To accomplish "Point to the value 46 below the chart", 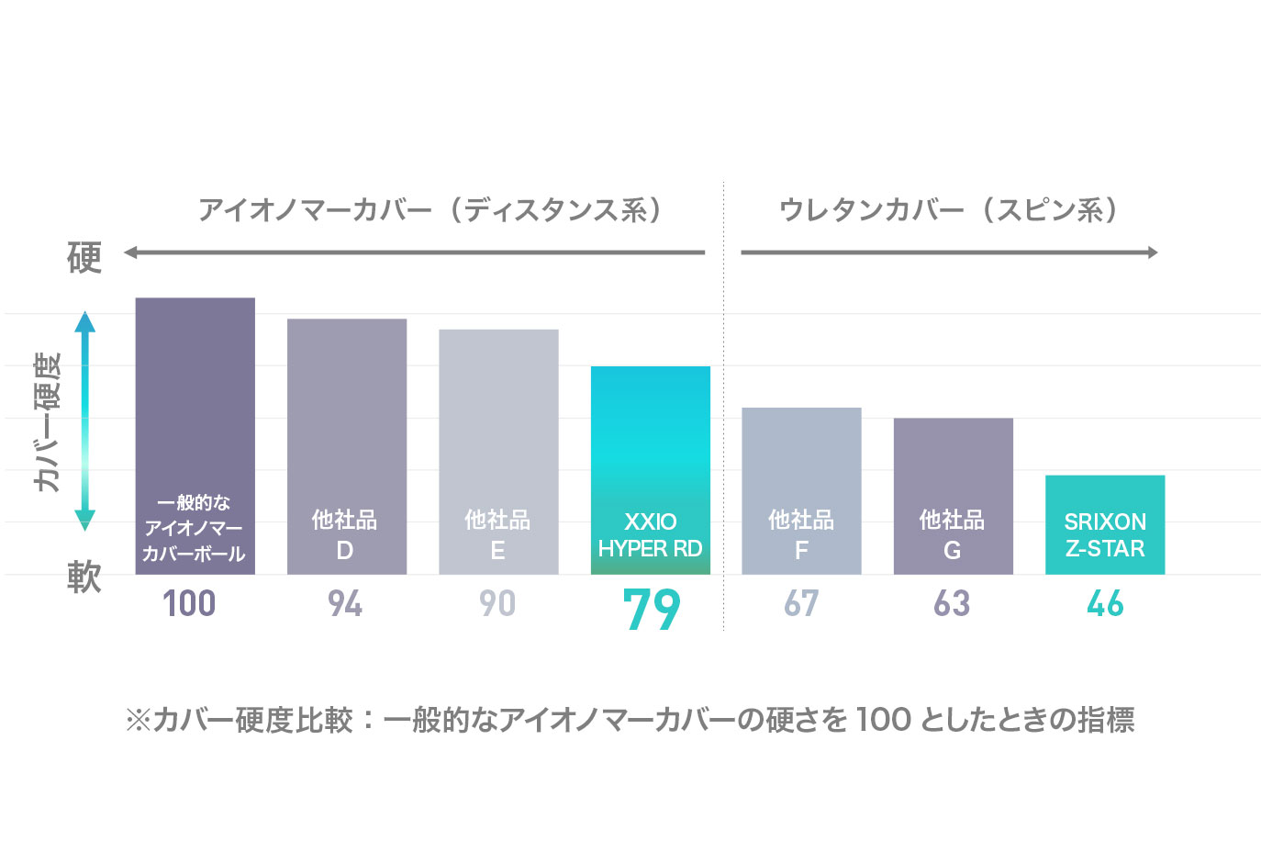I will (1104, 604).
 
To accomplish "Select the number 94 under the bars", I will (345, 604).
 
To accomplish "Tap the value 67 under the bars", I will (801, 604).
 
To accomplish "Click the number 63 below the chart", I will (952, 604).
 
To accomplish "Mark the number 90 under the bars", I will (497, 604).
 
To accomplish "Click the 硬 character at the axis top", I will (84, 257).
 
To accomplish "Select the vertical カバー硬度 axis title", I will (47, 422).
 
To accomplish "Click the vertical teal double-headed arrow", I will (85, 421).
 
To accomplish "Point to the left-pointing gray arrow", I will (414, 252).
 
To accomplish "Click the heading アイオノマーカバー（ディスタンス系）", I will (430, 210).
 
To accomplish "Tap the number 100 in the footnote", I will (883, 719).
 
